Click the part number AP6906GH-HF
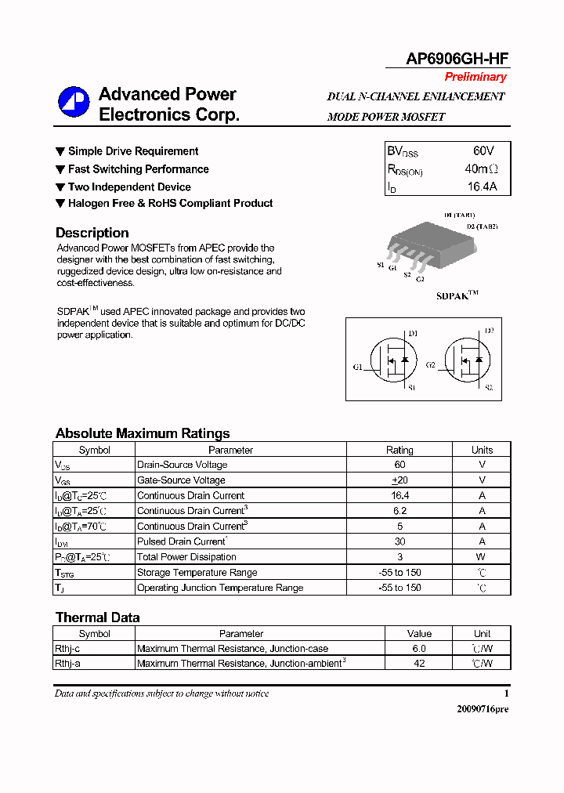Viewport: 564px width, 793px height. (x=457, y=59)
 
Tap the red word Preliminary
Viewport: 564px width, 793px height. (x=475, y=77)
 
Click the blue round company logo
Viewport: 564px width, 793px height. (x=74, y=102)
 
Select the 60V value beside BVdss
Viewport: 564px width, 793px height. (x=483, y=150)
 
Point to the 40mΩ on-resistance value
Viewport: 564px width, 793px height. (x=481, y=168)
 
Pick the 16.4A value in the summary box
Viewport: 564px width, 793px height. (x=482, y=186)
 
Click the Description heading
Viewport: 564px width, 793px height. (x=92, y=233)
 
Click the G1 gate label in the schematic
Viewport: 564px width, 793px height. (x=357, y=367)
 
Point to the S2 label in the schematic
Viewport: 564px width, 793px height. (x=488, y=388)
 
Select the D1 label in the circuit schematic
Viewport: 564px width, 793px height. (x=413, y=334)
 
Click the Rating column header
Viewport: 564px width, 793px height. (x=399, y=450)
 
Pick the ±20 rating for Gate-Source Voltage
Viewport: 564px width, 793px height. (x=399, y=480)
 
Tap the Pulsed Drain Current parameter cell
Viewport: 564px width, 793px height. (x=182, y=541)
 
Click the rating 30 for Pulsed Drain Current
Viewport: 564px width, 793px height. (x=399, y=541)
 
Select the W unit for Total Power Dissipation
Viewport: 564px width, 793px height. (x=482, y=557)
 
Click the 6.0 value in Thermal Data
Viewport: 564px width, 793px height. (x=419, y=649)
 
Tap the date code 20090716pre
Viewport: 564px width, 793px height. (x=483, y=708)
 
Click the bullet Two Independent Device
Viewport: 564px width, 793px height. (x=128, y=186)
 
